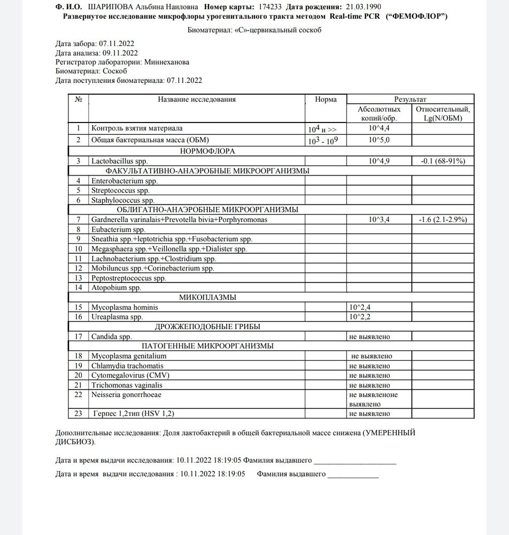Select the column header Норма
coord(326,99)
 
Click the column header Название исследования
coord(196,99)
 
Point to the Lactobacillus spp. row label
coord(119,161)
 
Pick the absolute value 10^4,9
coord(379,161)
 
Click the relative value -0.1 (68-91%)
coord(442,161)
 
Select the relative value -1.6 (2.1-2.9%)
coord(442,220)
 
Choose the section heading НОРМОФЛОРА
coord(208,151)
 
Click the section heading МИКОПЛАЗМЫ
coord(208,297)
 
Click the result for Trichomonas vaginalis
coord(370,385)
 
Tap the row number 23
coord(79,414)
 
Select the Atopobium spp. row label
coord(116,288)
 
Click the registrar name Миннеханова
coord(166,62)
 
